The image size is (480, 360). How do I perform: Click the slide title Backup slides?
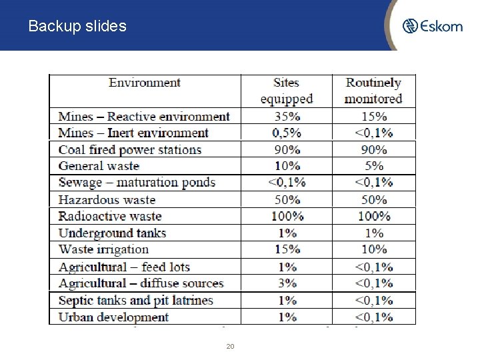click(x=77, y=27)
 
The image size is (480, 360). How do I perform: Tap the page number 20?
click(x=230, y=347)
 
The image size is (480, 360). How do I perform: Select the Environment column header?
click(x=145, y=83)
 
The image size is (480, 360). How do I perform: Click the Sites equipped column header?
click(x=286, y=91)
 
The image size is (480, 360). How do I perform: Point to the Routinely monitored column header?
click(x=373, y=91)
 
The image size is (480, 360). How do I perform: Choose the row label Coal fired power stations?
click(x=130, y=149)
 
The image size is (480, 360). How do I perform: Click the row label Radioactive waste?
click(x=110, y=216)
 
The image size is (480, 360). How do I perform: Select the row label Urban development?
click(x=113, y=317)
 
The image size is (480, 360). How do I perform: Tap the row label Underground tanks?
click(x=112, y=233)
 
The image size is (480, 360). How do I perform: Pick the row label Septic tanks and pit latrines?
click(x=135, y=301)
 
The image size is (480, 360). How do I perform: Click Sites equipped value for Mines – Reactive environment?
click(x=286, y=117)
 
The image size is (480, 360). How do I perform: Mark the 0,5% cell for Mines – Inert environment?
click(x=286, y=133)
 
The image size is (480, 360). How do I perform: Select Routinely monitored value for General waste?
click(x=373, y=166)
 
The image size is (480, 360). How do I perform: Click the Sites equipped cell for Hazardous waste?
click(x=286, y=199)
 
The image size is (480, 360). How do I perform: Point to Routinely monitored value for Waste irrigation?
click(x=373, y=249)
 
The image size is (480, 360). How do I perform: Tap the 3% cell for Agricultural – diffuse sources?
click(x=286, y=283)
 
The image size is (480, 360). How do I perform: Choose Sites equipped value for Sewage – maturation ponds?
click(x=286, y=183)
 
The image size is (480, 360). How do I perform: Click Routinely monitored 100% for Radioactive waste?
click(x=373, y=216)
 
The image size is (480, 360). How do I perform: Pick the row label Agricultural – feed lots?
click(x=124, y=267)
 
